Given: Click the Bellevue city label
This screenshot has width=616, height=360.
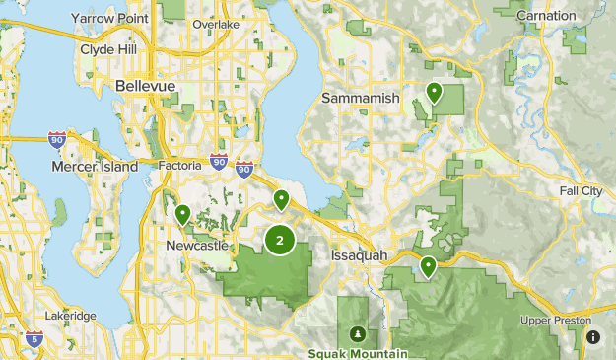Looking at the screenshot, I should coord(145,86).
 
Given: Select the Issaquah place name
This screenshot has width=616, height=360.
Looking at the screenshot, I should coord(361,254).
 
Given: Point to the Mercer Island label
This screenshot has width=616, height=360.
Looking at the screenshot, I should coord(95,167).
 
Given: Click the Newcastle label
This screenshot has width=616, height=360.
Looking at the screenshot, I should coord(197,244).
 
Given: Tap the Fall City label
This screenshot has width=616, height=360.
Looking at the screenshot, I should coord(582,190).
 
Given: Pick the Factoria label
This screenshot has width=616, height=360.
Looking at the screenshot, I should coord(180,166).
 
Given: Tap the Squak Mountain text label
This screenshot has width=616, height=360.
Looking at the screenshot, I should coord(355,352).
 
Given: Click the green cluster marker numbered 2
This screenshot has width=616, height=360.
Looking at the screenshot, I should coord(281,239).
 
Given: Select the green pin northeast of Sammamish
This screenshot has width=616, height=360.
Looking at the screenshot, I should coord(434,94).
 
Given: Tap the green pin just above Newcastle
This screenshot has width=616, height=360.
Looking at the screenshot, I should coord(182,213).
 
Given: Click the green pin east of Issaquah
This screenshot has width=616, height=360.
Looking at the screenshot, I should coord(428,266).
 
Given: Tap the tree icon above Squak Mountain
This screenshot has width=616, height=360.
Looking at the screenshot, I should coord(355,331).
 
